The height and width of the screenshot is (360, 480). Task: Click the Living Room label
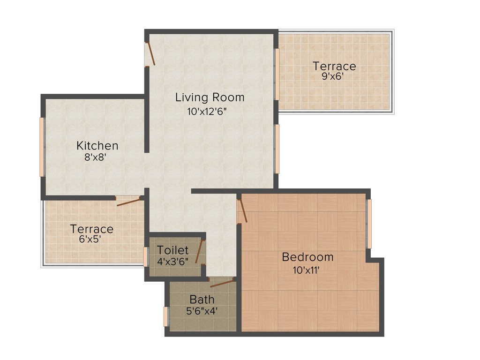pyautogui.click(x=210, y=97)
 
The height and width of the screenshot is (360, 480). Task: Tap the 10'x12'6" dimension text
pyautogui.click(x=210, y=112)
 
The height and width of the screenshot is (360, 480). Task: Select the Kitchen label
pyautogui.click(x=97, y=145)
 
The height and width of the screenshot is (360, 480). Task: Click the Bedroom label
pyautogui.click(x=307, y=257)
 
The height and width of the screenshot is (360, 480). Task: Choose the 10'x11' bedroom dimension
pyautogui.click(x=307, y=270)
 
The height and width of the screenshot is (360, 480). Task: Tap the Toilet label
pyautogui.click(x=173, y=250)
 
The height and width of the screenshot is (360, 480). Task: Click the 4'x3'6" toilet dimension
pyautogui.click(x=173, y=261)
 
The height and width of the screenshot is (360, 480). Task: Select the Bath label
pyautogui.click(x=202, y=299)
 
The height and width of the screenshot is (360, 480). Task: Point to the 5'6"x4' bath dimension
pyautogui.click(x=202, y=310)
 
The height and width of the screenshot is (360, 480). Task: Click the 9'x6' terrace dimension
pyautogui.click(x=333, y=76)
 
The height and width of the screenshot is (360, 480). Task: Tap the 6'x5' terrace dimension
pyautogui.click(x=91, y=239)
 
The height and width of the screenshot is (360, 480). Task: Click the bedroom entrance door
pyautogui.click(x=242, y=211)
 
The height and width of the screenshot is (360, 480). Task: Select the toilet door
pyautogui.click(x=200, y=251)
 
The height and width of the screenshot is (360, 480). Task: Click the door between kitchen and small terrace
pyautogui.click(x=128, y=202)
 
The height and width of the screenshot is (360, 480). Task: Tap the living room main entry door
pyautogui.click(x=150, y=53)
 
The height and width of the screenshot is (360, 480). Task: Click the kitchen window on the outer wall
pyautogui.click(x=42, y=147)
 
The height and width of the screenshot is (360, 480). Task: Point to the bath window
pyautogui.click(x=165, y=316)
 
